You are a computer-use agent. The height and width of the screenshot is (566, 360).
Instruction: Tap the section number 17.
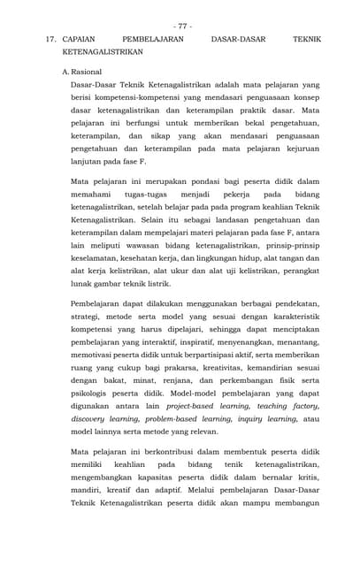coord(50,40)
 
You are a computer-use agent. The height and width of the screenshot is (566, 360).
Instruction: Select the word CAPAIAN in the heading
coord(81,40)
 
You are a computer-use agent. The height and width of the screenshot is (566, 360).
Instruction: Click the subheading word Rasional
coord(87,71)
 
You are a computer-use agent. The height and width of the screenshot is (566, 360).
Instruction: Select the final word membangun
coord(297,503)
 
